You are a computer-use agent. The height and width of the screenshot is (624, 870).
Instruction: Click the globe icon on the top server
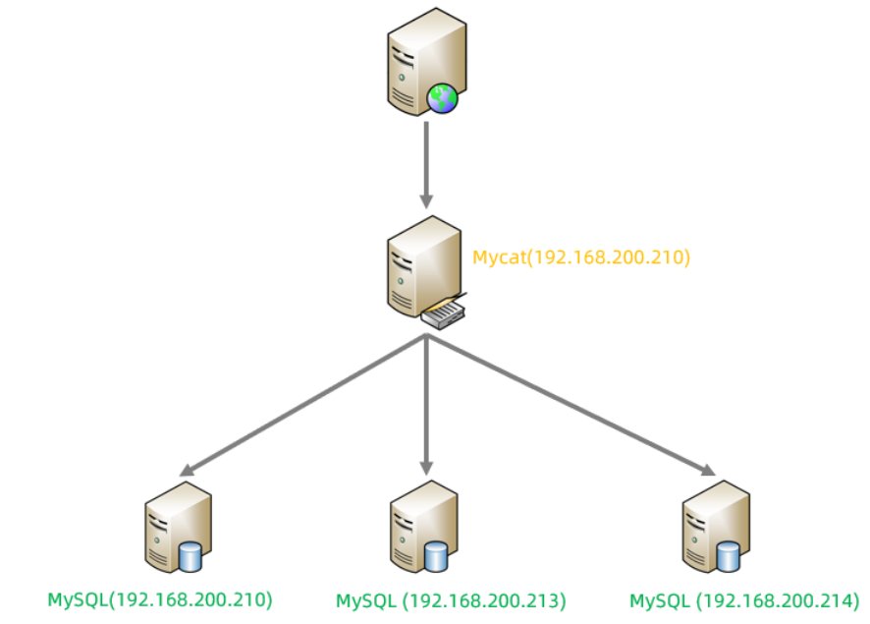441,98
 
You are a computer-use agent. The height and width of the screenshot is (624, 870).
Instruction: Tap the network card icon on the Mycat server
445,313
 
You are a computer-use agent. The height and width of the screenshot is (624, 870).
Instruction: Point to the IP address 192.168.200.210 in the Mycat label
617,258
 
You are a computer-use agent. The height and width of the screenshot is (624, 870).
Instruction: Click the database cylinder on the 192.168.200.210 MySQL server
191,557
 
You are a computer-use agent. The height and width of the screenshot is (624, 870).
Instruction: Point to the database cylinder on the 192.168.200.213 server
436,557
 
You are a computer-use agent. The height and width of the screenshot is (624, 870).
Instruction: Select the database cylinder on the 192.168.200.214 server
728,557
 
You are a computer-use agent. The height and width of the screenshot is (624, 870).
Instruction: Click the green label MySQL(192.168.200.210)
160,598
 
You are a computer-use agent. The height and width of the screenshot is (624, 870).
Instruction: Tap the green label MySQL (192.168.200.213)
451,599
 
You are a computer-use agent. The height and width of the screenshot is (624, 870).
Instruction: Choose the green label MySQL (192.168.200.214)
743,599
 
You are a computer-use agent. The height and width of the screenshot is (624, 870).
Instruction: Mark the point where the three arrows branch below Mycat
426,337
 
